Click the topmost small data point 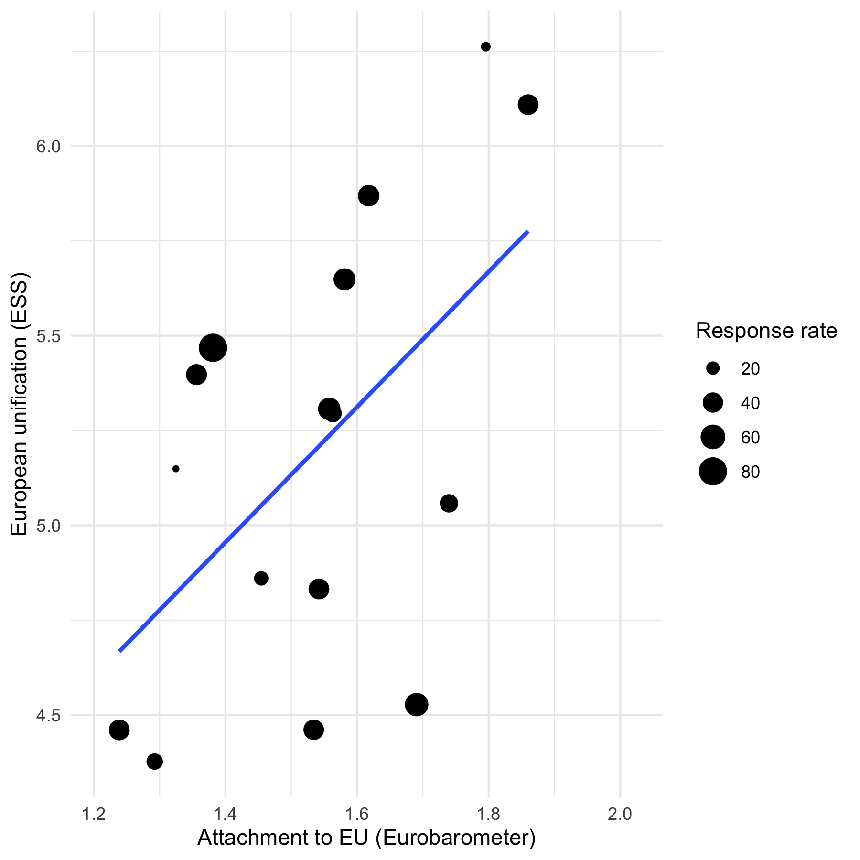point(485,47)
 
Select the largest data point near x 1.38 point(213,348)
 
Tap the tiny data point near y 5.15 point(176,469)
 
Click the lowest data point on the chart point(154,761)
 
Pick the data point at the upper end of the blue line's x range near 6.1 point(528,105)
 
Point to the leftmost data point point(119,730)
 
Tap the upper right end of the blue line point(527,232)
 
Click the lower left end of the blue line point(119,651)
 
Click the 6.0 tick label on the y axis point(49,146)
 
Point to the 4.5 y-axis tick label point(49,715)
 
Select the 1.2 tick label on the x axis point(94,814)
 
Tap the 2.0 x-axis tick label point(620,814)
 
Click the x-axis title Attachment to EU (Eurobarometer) point(366,838)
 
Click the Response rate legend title point(766,331)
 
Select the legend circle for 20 point(713,368)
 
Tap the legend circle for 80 point(713,472)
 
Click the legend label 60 point(750,437)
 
